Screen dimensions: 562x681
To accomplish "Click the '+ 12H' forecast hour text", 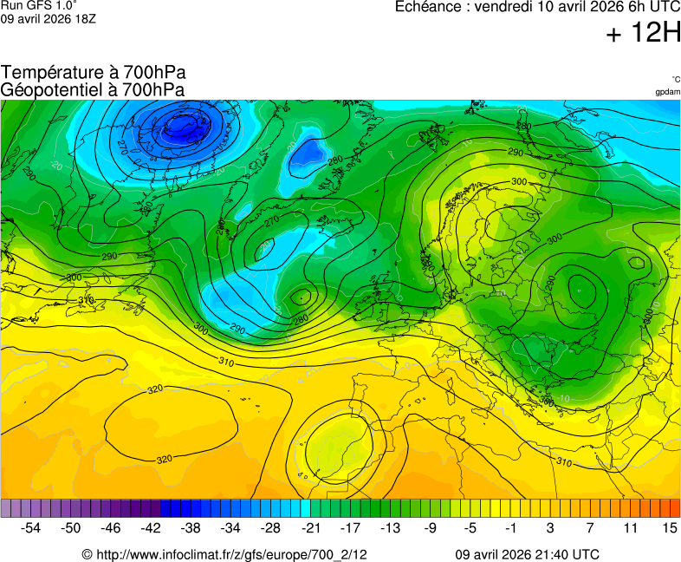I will coord(643,34).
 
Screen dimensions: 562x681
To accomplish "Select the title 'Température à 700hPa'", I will coord(93,74).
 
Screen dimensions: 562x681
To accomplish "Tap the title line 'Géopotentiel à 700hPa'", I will coord(93,89).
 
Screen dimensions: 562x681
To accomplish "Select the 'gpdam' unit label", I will coord(667,91).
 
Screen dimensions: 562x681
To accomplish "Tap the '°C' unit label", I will coord(675,79).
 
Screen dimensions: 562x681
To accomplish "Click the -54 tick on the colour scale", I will coord(31,527).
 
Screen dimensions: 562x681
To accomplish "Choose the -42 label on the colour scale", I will coord(151,527).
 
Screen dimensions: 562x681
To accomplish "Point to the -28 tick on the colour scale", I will coord(270,527).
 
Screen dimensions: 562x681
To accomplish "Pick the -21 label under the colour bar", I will coord(310,527).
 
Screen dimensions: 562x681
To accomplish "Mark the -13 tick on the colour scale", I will coord(390,527).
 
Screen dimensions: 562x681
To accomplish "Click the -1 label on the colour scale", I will coord(510,527).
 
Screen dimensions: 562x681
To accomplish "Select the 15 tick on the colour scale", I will coord(669,527).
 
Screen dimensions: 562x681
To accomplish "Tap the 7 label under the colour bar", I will coord(590,527).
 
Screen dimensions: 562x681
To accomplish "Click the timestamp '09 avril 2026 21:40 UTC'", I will coord(527,554).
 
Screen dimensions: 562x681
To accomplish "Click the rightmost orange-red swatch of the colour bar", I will coord(675,508).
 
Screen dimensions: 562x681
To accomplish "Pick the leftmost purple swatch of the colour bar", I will coord(6,508).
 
